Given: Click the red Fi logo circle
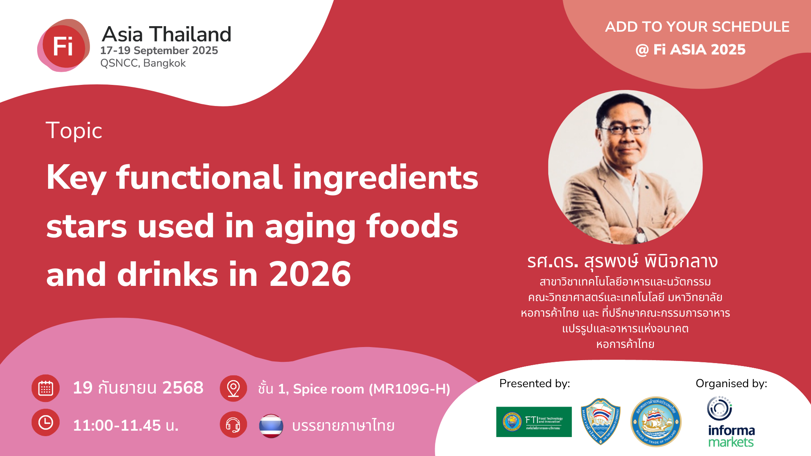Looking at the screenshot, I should tap(63, 46).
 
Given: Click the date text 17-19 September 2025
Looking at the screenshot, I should tap(159, 50).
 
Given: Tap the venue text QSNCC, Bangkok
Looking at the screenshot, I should tap(143, 63).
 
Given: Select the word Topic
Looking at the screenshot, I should tap(74, 130).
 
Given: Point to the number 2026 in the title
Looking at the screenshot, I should tap(310, 274).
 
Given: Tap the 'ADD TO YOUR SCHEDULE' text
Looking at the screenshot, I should tap(697, 27).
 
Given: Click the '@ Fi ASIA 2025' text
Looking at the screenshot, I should tap(690, 49).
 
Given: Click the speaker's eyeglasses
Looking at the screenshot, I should tap(624, 129).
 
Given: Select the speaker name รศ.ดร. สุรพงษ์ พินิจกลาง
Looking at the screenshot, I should tap(622, 261).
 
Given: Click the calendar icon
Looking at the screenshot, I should tap(46, 388).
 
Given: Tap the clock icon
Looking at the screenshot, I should tap(46, 422).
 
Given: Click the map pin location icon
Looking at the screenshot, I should tap(233, 388).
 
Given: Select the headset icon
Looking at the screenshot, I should tap(233, 425).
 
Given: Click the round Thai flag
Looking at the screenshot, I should tap(271, 426).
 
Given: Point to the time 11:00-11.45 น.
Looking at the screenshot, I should tap(125, 425).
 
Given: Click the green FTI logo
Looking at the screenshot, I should tap(534, 422).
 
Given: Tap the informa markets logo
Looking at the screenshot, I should tap(730, 422).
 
